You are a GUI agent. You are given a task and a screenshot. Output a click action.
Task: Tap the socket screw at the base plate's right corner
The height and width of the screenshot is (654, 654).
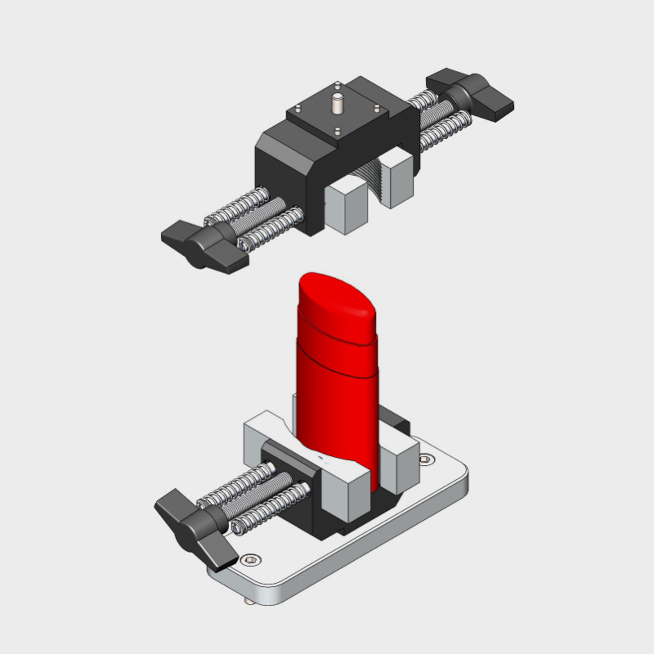(x=427, y=460)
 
